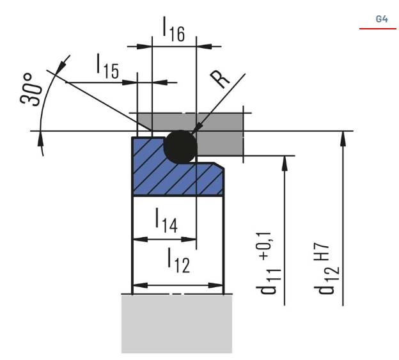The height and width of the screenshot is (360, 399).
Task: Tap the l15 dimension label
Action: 107,66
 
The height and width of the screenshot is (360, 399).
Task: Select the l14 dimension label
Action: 166,221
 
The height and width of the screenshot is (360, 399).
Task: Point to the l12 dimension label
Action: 178,260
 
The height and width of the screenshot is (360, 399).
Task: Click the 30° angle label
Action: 31,89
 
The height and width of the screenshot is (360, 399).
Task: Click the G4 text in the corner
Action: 382,19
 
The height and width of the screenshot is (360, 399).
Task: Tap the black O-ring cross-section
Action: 180,146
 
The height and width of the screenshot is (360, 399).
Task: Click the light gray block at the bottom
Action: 176,324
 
